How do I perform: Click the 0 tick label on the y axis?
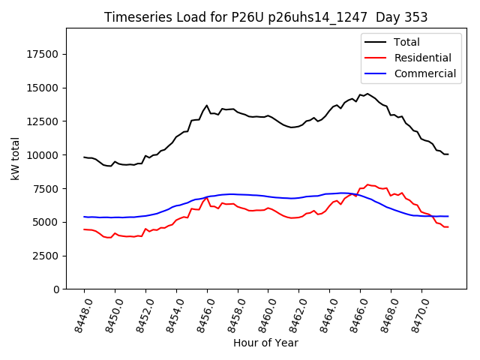(56, 289)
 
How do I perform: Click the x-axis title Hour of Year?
(265, 343)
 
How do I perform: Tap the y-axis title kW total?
(16, 159)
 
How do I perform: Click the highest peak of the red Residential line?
(367, 184)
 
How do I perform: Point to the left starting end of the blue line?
(84, 217)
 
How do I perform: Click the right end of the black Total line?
(448, 154)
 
